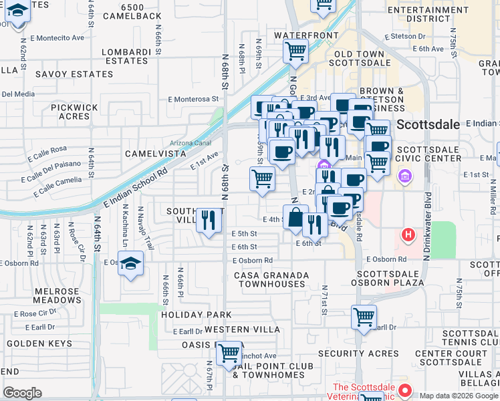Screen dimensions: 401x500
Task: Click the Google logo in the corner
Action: [22, 392]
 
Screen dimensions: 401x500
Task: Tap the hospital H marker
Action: [407, 235]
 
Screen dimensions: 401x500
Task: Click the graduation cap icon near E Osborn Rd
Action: [132, 263]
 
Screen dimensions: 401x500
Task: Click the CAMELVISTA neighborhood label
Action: [155, 154]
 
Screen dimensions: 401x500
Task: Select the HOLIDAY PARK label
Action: [195, 314]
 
